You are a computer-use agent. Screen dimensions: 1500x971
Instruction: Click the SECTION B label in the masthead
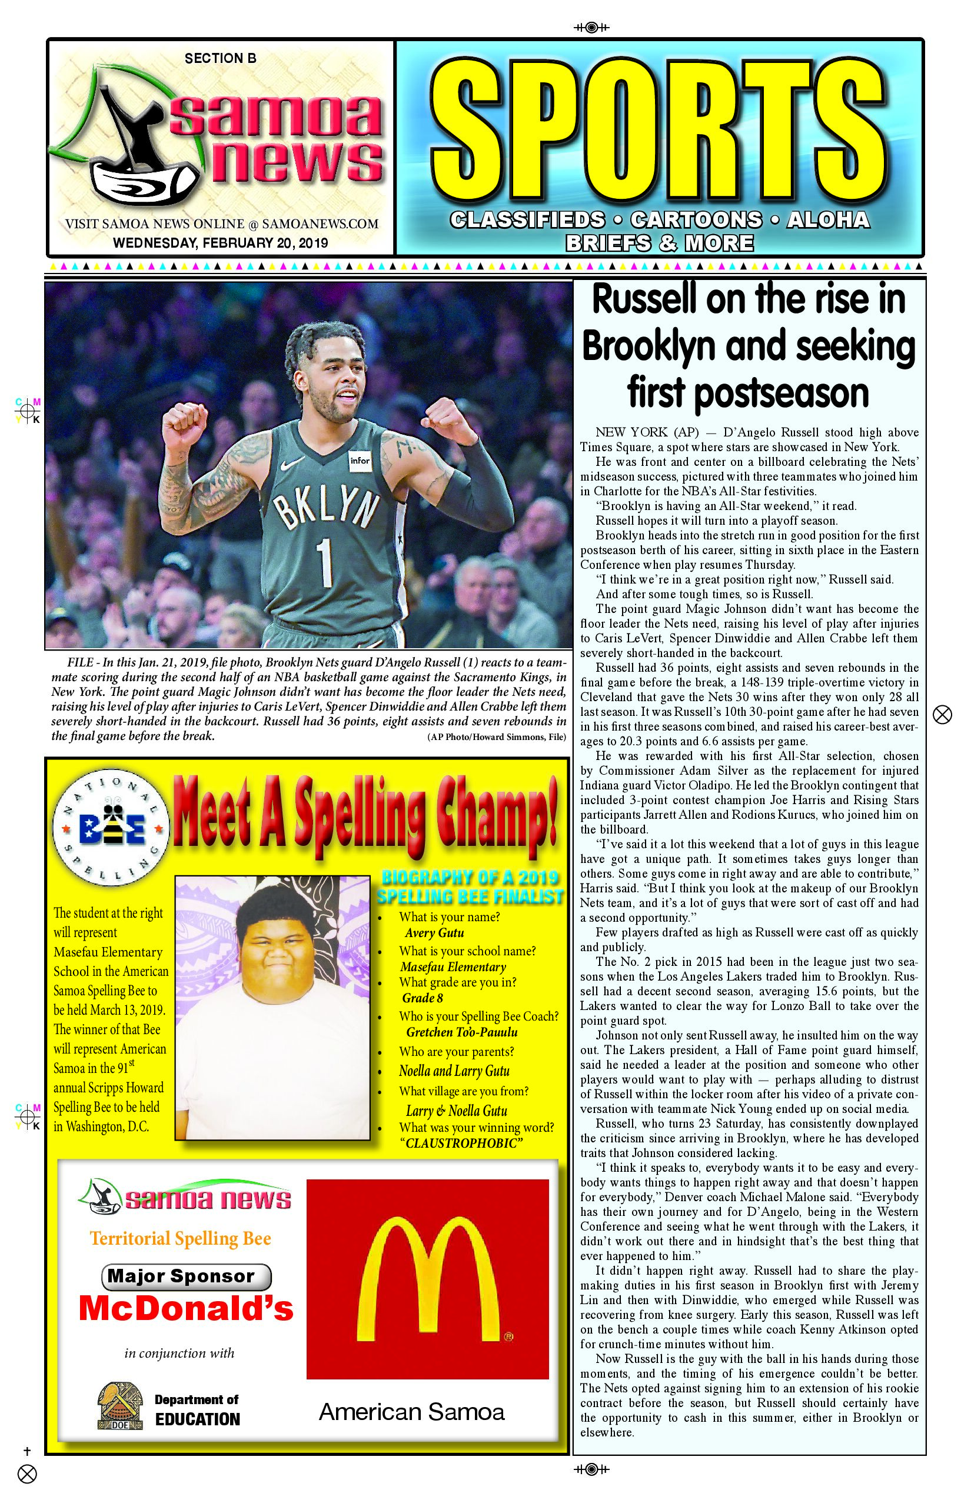point(220,59)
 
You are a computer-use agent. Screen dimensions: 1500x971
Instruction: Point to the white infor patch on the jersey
point(360,461)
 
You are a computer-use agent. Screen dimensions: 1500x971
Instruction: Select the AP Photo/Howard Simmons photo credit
point(496,736)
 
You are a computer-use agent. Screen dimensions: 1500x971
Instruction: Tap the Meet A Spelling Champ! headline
point(365,815)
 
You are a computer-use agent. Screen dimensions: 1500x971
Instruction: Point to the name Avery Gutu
point(434,933)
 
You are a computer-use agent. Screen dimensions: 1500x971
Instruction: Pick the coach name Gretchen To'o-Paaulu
point(461,1032)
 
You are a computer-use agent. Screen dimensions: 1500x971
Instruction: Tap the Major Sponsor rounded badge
point(186,1276)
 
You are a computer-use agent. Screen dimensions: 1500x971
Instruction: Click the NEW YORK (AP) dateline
point(647,432)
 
